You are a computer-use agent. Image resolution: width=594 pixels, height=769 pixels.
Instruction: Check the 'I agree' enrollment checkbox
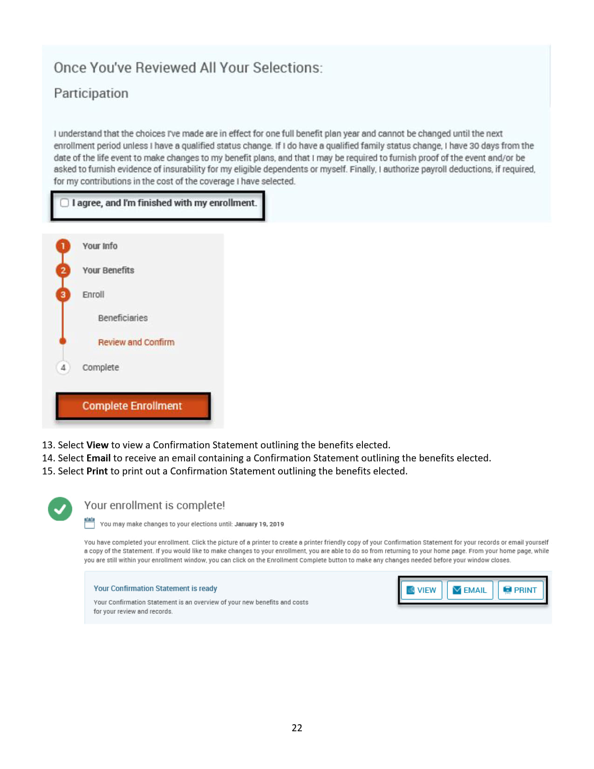65,203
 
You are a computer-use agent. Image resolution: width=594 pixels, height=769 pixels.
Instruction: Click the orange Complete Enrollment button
133,406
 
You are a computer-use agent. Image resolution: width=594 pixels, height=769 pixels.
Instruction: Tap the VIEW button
421,590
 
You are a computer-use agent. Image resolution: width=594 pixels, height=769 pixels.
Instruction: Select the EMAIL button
470,590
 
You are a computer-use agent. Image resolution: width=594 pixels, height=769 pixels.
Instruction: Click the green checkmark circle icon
60,509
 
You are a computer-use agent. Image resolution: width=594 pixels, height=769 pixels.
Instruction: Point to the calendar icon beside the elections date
89,523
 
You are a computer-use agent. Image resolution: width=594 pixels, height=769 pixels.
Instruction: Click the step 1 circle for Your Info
63,246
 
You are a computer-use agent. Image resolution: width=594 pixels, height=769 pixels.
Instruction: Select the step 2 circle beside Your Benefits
63,270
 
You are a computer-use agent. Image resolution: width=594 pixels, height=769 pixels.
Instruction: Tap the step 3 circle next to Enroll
63,295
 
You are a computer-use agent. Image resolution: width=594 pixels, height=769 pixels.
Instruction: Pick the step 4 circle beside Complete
63,367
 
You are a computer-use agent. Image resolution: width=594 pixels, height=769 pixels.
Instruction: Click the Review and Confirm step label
136,342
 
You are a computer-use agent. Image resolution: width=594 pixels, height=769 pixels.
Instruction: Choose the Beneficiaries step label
123,318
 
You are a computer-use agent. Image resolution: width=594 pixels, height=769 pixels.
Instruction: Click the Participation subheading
91,93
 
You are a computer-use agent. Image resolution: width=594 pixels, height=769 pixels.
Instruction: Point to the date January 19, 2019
259,524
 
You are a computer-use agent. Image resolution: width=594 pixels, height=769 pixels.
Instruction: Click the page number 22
297,728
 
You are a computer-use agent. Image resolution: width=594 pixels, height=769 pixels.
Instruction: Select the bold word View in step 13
97,445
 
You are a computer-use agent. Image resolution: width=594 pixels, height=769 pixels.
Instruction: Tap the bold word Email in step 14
98,458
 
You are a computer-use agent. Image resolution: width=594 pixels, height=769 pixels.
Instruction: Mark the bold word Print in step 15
97,471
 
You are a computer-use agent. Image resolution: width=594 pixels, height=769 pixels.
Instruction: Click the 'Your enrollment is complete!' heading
155,505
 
